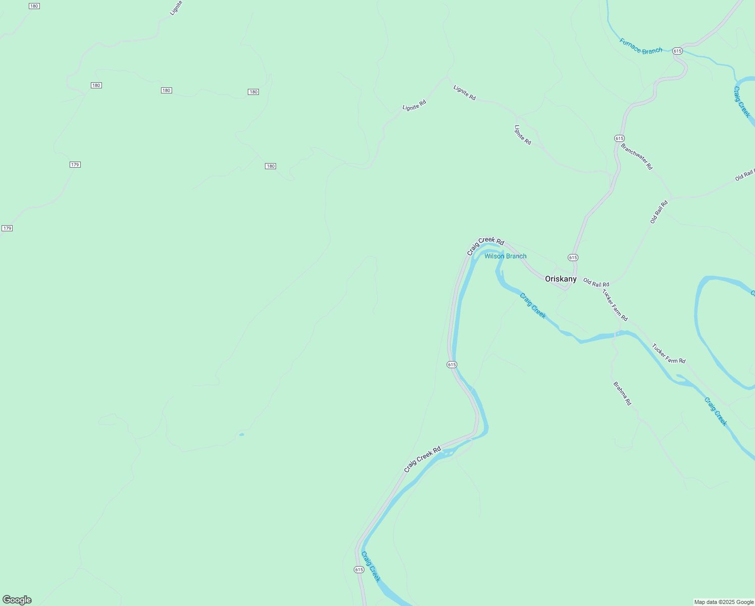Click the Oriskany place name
[560, 279]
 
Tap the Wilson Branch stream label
[505, 256]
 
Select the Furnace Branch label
[640, 46]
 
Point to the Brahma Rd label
[622, 393]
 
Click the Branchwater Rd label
[636, 157]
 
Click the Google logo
[17, 600]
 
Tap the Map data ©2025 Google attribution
[724, 602]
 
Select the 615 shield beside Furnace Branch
[677, 51]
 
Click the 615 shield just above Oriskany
[573, 258]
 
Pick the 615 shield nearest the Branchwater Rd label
[619, 138]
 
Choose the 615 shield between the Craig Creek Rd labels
[452, 365]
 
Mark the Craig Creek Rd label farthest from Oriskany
[422, 459]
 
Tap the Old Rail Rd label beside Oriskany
[596, 282]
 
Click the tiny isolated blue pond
[242, 434]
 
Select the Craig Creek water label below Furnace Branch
[742, 103]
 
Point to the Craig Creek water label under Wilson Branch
[533, 306]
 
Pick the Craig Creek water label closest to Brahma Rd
[716, 412]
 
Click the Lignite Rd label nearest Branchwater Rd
[522, 135]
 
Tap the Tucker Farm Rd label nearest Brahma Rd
[668, 353]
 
